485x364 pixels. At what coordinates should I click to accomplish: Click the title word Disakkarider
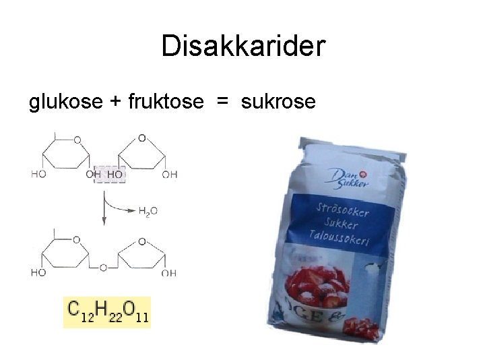point(243,46)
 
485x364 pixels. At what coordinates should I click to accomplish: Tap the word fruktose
point(163,102)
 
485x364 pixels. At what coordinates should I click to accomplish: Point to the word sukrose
point(278,102)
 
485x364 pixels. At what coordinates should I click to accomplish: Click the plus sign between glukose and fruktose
point(115,102)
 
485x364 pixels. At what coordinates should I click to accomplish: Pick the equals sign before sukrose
point(222,102)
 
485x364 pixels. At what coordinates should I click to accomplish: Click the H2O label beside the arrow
point(148,211)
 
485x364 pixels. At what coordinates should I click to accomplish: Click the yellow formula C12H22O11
point(107,311)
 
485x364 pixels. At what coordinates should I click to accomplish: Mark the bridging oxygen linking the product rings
point(103,268)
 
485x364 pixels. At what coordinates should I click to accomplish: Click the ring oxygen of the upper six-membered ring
point(77,140)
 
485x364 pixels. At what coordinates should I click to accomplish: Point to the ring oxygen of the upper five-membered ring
point(141,138)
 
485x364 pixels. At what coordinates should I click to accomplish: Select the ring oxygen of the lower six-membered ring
point(77,239)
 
